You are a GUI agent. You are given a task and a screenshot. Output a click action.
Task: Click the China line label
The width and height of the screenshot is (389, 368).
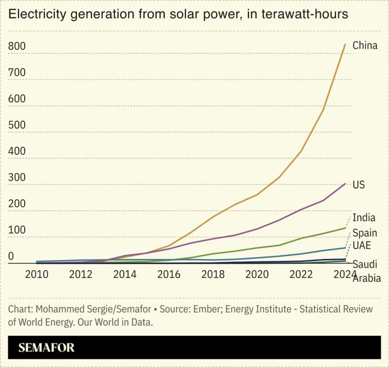click(365, 45)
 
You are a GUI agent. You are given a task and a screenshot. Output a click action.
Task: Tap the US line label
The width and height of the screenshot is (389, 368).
click(358, 185)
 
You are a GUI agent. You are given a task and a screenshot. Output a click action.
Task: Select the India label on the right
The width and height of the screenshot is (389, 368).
click(364, 217)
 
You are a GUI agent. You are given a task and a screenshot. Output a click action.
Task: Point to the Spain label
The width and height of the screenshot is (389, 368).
click(365, 233)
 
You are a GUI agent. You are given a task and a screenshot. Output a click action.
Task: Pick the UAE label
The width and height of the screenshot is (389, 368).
click(362, 246)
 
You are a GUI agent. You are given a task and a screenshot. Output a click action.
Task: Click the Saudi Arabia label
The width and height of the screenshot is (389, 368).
click(366, 272)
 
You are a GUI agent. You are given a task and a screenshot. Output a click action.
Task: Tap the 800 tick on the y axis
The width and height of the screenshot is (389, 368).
click(17, 46)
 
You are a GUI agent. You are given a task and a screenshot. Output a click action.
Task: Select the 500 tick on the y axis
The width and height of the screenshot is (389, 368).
click(17, 125)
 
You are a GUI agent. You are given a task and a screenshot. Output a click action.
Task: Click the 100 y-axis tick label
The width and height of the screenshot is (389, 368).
click(17, 230)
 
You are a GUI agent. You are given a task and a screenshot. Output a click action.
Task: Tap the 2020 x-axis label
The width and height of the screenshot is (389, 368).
click(256, 274)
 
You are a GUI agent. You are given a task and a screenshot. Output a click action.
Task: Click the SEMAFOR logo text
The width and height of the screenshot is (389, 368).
click(46, 347)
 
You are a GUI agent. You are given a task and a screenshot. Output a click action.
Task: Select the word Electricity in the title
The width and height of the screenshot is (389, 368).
click(35, 14)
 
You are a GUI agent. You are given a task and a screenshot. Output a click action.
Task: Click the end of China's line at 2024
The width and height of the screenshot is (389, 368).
click(345, 44)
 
